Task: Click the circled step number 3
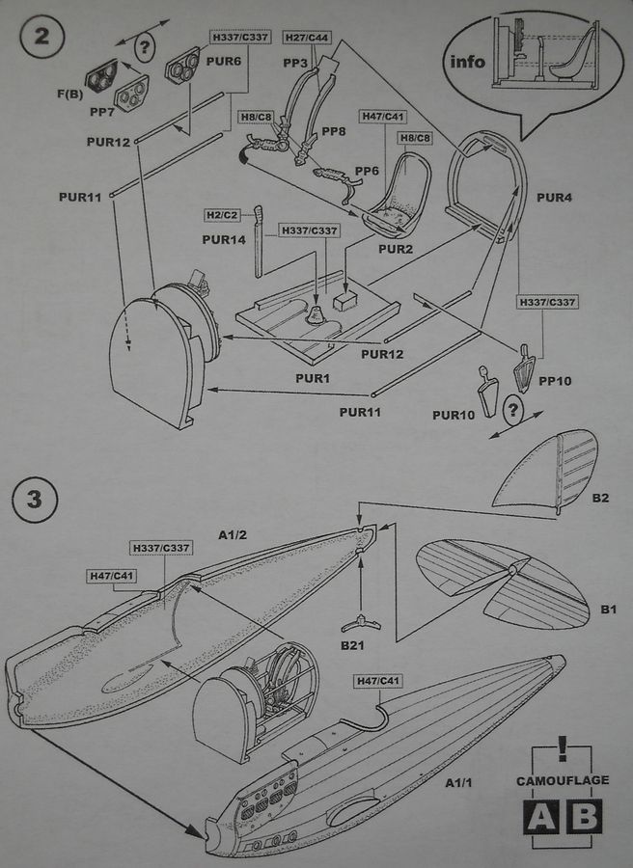(37, 500)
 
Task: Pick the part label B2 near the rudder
(599, 498)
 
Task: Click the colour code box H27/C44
(306, 37)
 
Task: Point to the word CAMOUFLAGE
(562, 779)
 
